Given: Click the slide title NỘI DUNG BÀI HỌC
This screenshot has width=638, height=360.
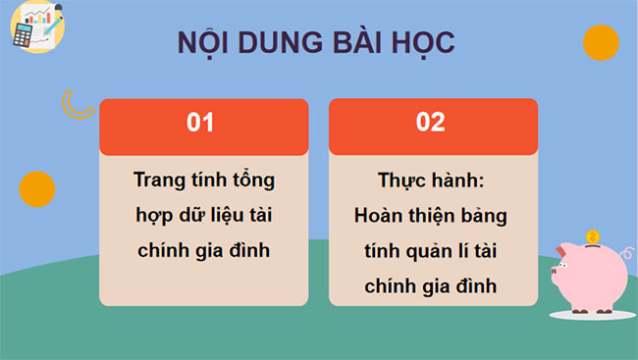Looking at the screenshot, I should pyautogui.click(x=315, y=43).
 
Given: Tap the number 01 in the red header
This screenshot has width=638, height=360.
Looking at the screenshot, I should pyautogui.click(x=200, y=123).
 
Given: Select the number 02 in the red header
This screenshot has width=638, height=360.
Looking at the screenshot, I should pyautogui.click(x=431, y=123).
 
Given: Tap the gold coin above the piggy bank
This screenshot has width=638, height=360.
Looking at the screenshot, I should pyautogui.click(x=591, y=236).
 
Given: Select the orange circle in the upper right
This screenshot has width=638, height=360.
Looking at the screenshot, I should pyautogui.click(x=600, y=42).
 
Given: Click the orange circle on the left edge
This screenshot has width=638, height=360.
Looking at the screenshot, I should pyautogui.click(x=36, y=188).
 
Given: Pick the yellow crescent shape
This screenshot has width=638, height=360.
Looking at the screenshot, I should pyautogui.click(x=77, y=103).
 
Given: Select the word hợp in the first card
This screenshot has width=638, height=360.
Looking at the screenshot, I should pyautogui.click(x=153, y=216).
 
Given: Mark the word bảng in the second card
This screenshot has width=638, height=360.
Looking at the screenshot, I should pyautogui.click(x=484, y=216).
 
